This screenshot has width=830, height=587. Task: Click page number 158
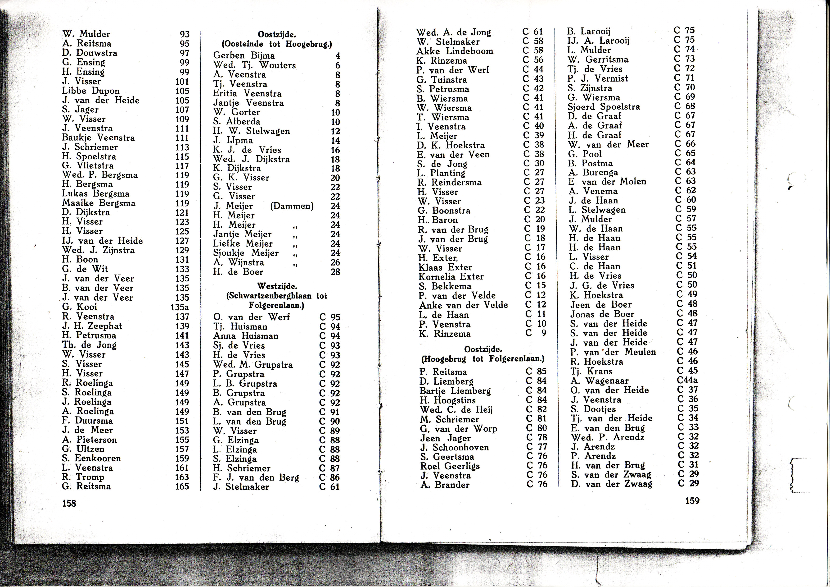pos(69,503)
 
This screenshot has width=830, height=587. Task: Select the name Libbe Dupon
pos(91,91)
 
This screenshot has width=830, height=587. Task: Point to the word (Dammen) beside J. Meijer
pos(292,206)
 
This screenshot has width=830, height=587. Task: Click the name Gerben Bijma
pos(244,56)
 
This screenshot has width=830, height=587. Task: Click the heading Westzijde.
pos(277,287)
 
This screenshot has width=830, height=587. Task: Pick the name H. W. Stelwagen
pos(252,131)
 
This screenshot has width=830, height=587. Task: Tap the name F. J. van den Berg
pos(256,477)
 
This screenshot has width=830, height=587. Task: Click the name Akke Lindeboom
pos(455,51)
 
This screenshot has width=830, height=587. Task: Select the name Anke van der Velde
pos(464,305)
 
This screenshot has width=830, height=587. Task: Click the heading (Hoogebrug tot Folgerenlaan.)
pos(483,359)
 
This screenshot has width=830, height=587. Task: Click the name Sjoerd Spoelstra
pos(604,107)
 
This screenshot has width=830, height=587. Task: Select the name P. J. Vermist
pos(598,78)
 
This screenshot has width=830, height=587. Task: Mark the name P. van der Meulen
pos(613,352)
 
